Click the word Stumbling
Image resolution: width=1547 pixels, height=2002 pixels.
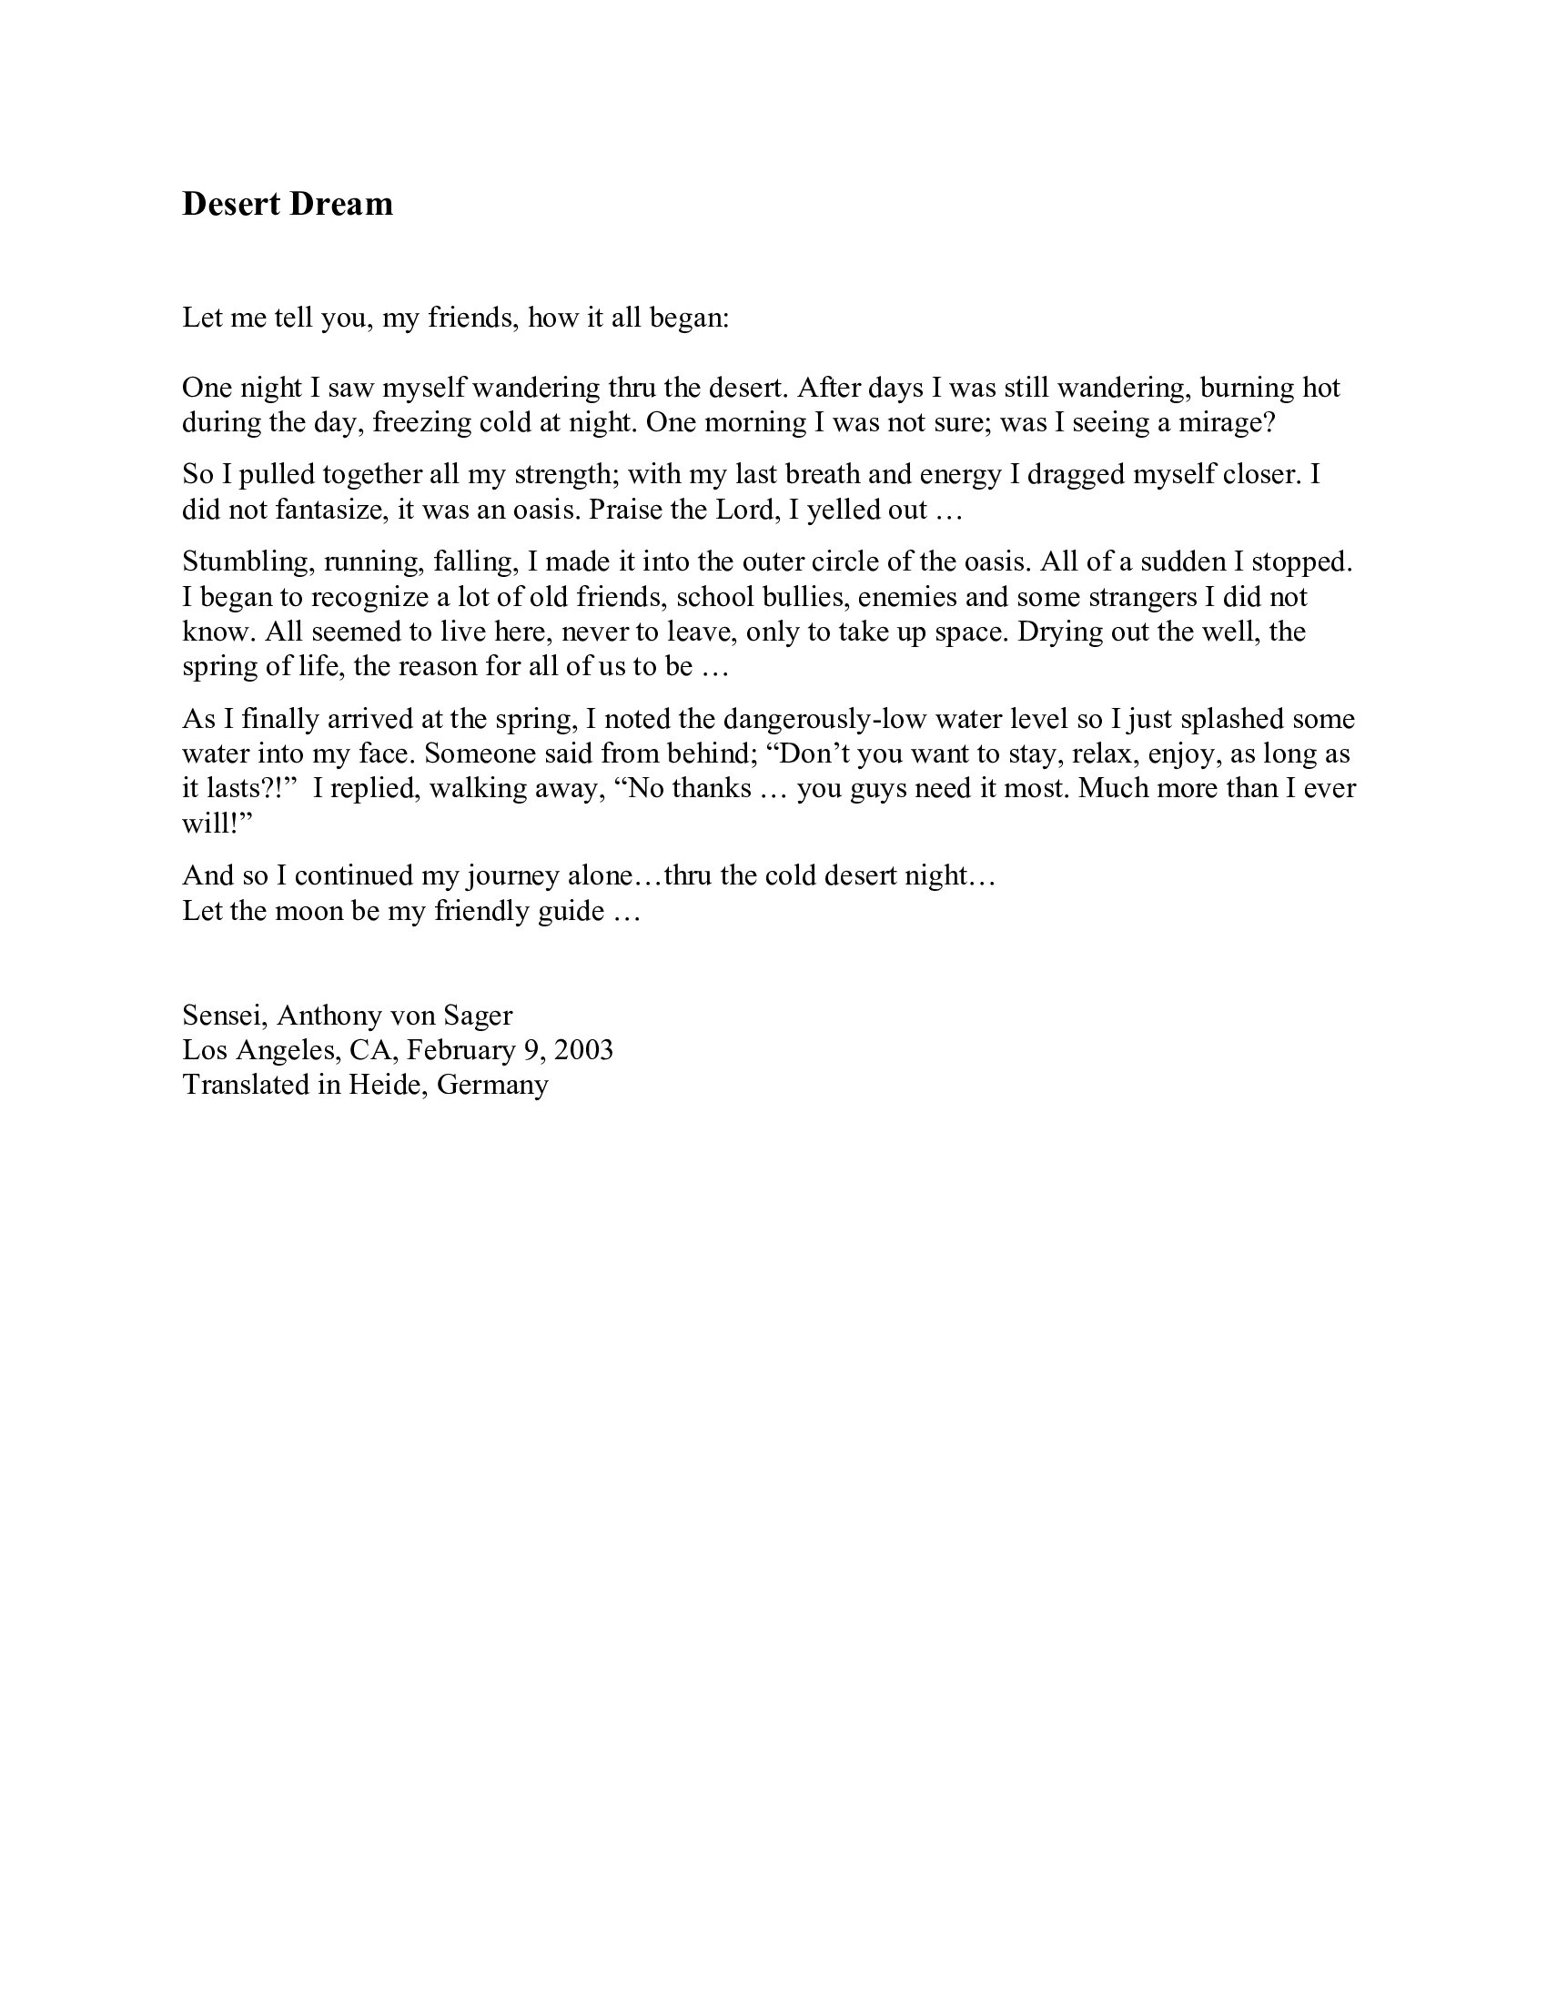[x=248, y=561]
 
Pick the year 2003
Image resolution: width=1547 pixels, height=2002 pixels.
[x=583, y=1049]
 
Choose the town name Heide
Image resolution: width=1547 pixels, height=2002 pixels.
[x=384, y=1085]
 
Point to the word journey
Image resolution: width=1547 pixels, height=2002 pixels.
[x=512, y=876]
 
